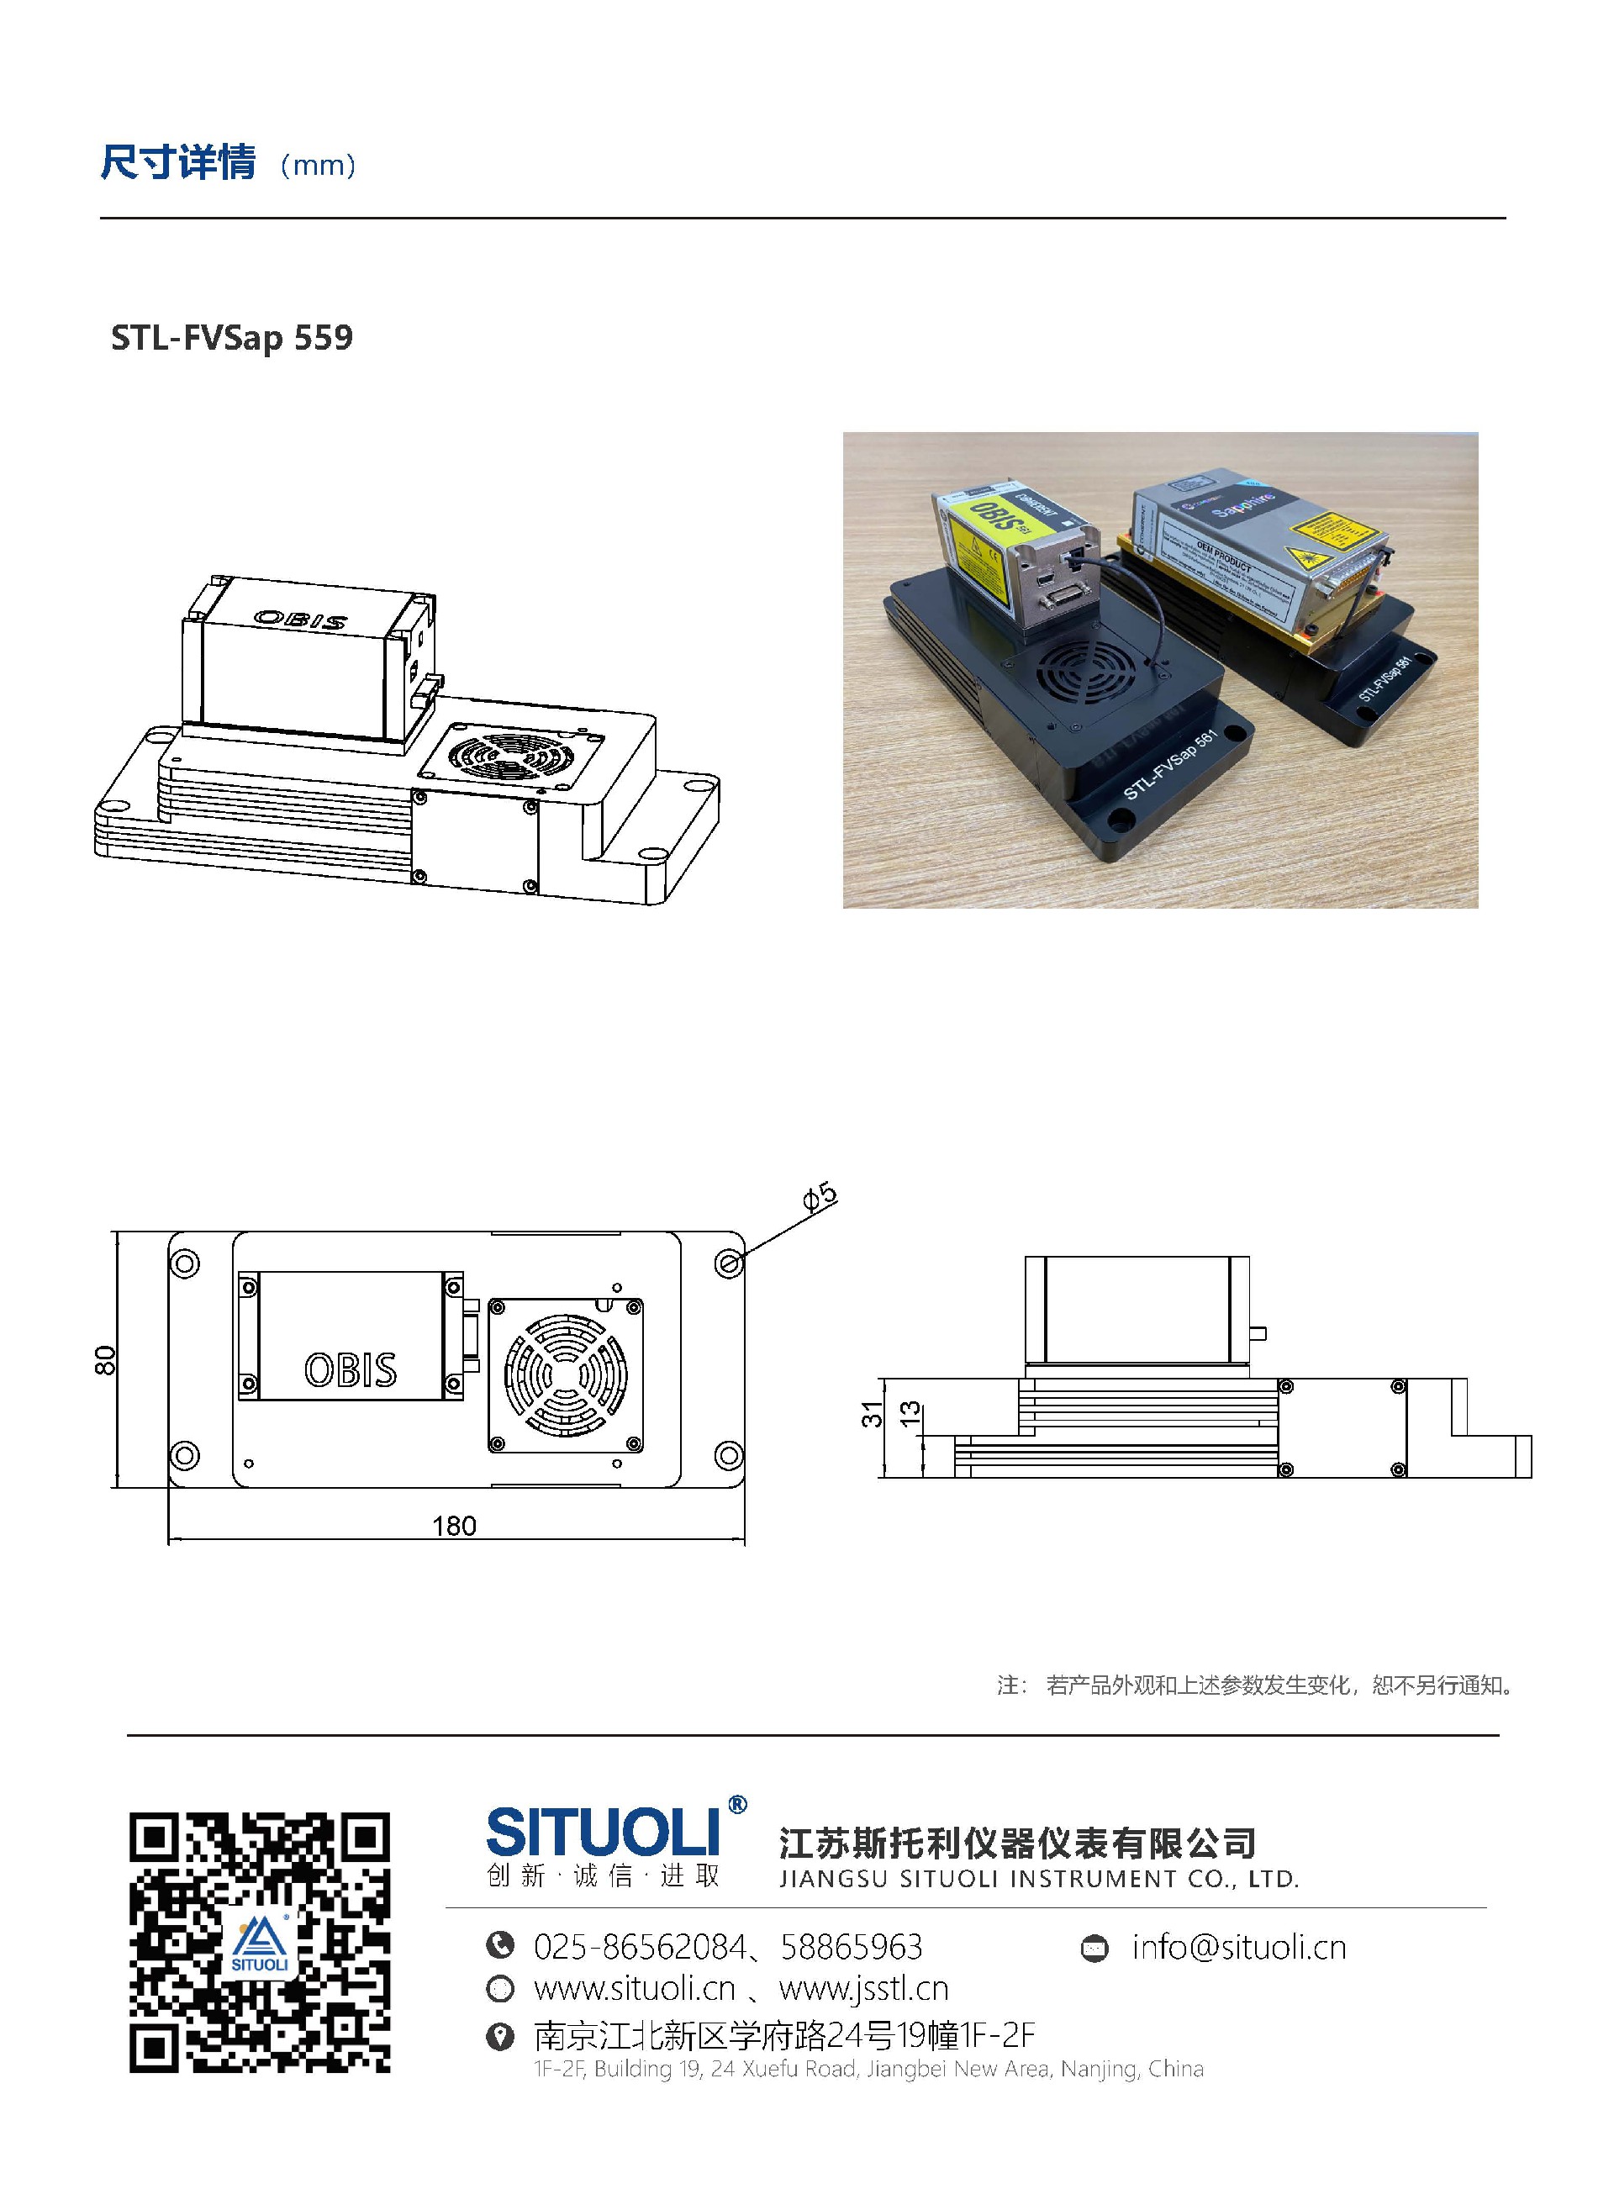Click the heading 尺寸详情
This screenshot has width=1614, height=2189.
pos(178,162)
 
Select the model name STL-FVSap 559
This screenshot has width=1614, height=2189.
pos(231,338)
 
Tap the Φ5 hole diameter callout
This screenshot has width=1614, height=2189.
pos(820,1198)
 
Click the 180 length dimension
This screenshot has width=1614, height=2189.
pos(454,1526)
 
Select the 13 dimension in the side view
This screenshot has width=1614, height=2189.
pos(910,1413)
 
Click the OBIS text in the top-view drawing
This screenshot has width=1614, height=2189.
pos(350,1369)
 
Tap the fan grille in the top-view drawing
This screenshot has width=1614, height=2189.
pos(565,1374)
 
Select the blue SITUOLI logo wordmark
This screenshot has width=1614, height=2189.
pos(603,1833)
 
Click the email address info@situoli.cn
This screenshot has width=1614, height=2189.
pos(1238,1948)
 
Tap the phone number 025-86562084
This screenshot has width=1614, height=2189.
pos(640,1948)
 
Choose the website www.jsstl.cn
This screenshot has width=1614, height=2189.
pos(863,1989)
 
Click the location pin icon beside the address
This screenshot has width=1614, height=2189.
pos(500,2036)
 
